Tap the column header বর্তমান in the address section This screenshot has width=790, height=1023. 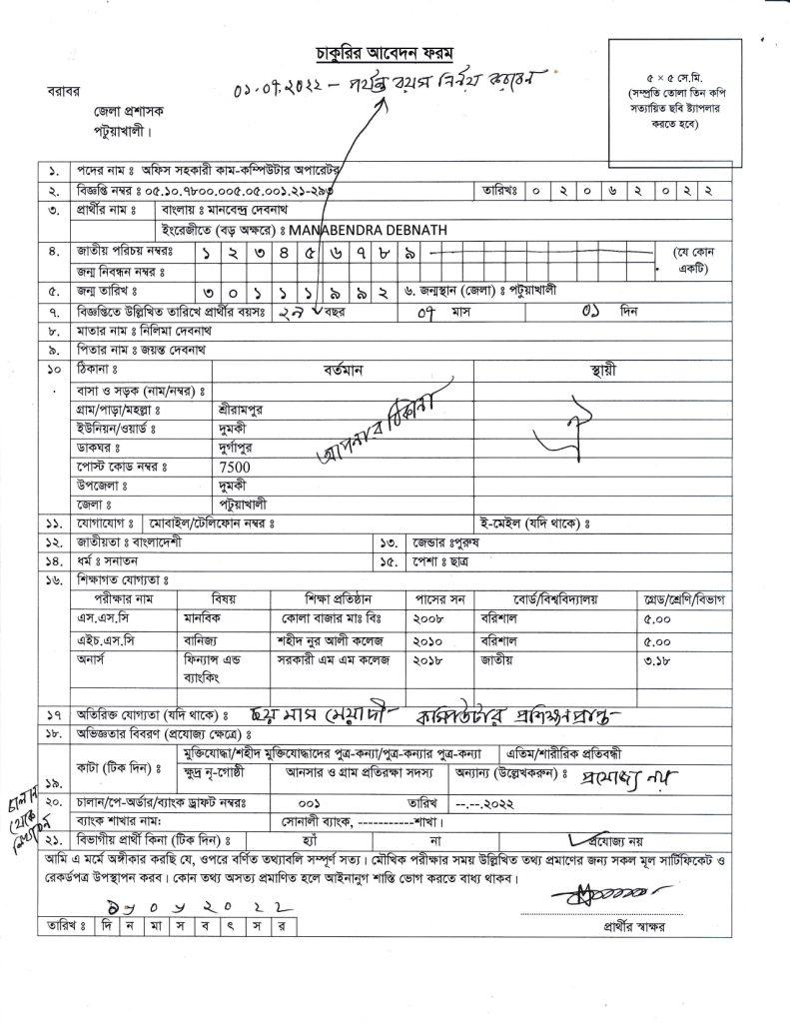coord(343,370)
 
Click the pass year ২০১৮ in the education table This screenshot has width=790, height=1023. coord(428,660)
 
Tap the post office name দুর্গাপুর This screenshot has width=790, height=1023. coord(239,448)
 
